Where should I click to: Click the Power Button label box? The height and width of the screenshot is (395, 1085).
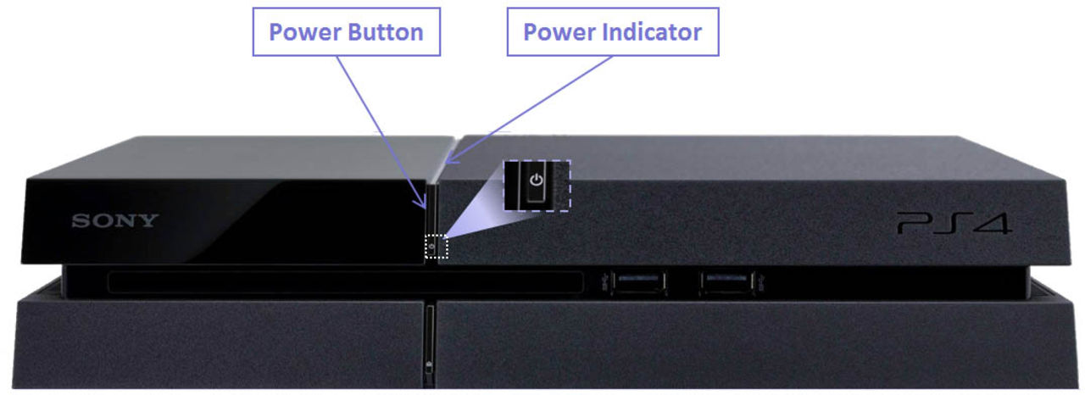346,33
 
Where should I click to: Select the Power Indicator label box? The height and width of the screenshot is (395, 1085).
612,33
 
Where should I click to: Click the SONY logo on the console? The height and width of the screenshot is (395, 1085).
114,221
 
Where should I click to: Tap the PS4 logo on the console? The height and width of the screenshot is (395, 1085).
954,225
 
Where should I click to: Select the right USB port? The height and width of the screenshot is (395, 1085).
727,282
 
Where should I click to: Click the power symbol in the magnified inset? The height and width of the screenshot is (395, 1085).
535,181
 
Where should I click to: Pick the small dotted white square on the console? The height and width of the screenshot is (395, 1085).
435,247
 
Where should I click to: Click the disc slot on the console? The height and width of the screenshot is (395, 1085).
343,282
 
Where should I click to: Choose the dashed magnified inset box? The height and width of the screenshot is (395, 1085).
537,185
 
